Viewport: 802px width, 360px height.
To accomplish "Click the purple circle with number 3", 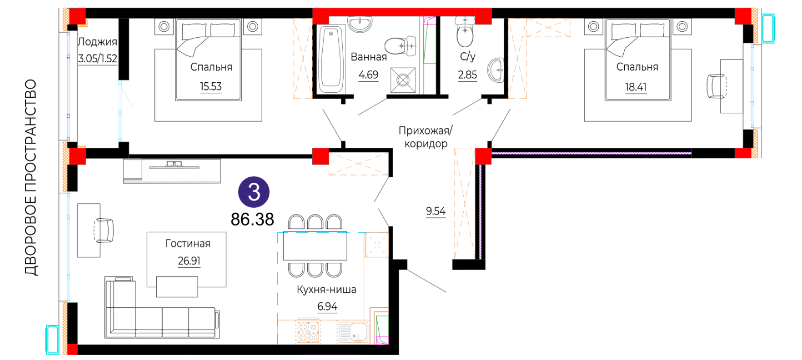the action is (254, 192).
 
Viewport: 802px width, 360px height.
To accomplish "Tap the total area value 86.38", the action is (252, 219).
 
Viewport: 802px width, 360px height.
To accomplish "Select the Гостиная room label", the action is (188, 243).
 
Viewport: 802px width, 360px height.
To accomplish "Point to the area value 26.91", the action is (189, 261).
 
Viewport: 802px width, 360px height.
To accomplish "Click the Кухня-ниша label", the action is (327, 289).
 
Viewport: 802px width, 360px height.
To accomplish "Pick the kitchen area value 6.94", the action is (327, 306).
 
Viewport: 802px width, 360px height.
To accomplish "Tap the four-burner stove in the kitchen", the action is (308, 332).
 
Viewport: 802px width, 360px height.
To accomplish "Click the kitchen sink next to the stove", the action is (353, 332).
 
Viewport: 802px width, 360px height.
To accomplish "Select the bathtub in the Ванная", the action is (331, 59).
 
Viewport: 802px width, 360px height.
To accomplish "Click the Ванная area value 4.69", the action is (368, 74).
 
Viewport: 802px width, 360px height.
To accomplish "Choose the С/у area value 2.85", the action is (467, 74).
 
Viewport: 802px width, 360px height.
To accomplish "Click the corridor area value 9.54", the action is (436, 211).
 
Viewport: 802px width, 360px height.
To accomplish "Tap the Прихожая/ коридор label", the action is (425, 137).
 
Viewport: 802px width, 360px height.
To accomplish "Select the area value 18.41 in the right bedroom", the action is (636, 87).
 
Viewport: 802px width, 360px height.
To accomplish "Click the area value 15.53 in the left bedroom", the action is (210, 86).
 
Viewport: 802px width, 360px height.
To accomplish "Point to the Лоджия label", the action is (97, 42).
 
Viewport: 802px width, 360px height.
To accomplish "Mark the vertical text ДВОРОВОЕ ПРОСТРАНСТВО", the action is (31, 177).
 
